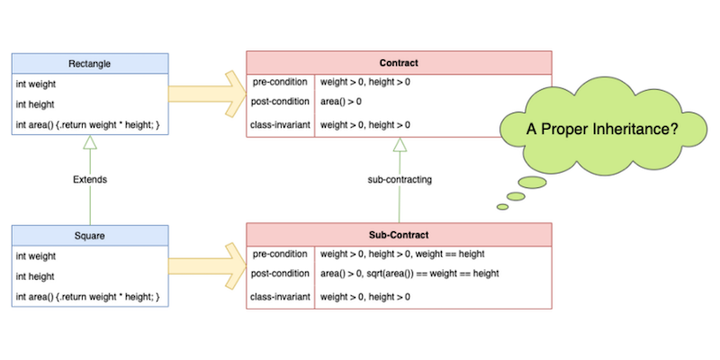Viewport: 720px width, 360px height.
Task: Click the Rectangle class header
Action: click(x=89, y=63)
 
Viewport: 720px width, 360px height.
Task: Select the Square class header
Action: click(x=89, y=235)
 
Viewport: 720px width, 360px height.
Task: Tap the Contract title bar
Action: click(x=399, y=63)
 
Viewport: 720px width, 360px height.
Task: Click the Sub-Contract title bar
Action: click(x=399, y=235)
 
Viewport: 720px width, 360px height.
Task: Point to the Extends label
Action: click(x=90, y=179)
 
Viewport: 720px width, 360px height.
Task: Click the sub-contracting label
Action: click(x=400, y=179)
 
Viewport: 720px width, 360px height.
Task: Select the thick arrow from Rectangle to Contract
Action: click(x=207, y=93)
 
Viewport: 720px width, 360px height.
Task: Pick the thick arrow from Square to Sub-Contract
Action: click(x=207, y=266)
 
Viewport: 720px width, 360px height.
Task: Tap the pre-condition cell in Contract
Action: click(x=281, y=83)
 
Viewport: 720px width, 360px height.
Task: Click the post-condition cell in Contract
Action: click(x=281, y=102)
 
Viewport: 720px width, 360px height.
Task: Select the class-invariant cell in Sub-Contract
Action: click(x=281, y=296)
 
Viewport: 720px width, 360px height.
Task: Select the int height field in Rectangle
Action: click(x=37, y=103)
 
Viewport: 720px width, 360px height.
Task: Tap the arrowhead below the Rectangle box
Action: click(x=89, y=142)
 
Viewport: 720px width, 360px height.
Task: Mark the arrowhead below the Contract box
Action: click(x=399, y=144)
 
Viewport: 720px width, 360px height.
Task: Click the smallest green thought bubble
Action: click(x=502, y=207)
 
